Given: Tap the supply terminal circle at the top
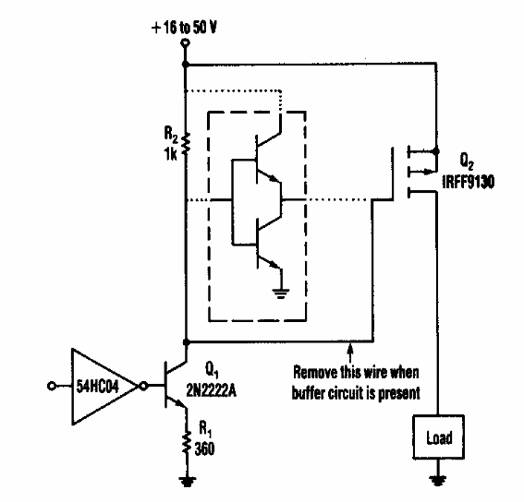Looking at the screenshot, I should point(186,43).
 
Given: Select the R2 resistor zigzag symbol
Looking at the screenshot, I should point(186,142).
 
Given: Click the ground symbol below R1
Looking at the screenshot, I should point(186,479).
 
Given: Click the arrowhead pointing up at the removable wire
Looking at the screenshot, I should point(350,348).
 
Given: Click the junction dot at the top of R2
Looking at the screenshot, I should point(186,66).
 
